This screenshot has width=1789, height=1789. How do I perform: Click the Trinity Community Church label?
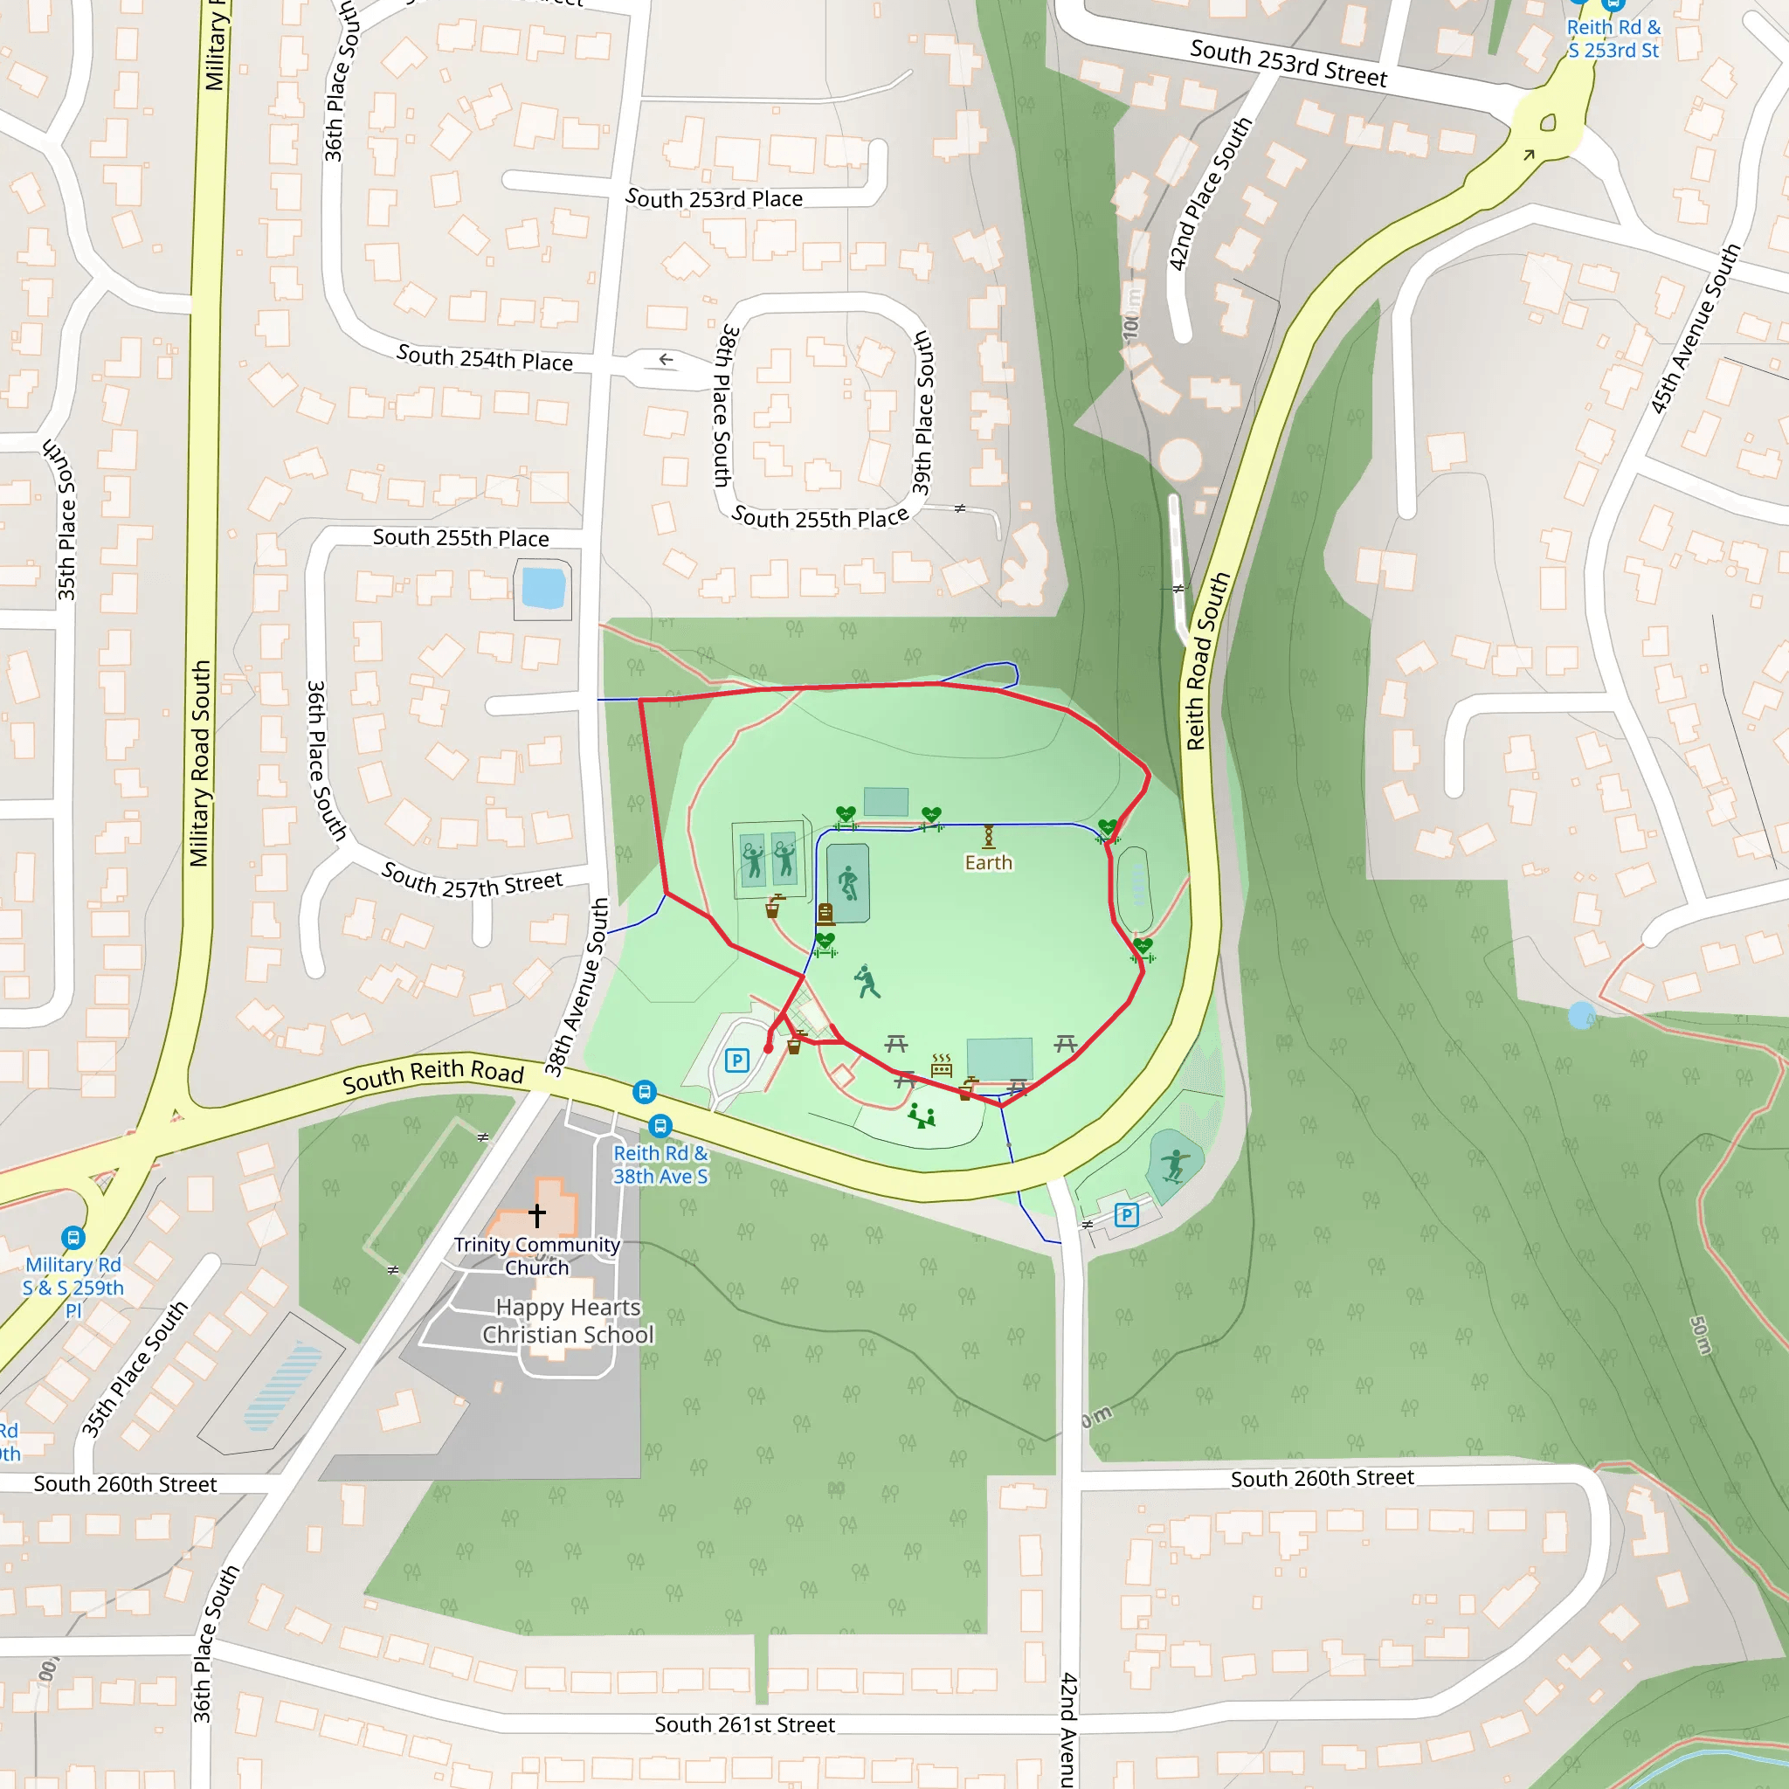tap(536, 1255)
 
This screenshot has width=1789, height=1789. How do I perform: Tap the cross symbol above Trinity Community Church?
tap(537, 1214)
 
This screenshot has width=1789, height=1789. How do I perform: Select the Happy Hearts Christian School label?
tap(568, 1321)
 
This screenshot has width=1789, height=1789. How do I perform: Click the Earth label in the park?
tap(988, 862)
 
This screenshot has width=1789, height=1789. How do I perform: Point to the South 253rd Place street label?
tap(714, 198)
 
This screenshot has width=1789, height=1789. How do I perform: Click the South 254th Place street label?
tap(484, 357)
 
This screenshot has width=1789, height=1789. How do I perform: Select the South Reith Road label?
tap(433, 1075)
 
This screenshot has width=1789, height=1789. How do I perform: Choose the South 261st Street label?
tap(744, 1724)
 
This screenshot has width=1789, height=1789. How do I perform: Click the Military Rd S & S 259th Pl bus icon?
tap(73, 1237)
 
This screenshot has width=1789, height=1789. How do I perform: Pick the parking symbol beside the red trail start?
tap(737, 1060)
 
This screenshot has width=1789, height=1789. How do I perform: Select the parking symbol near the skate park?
tap(1126, 1215)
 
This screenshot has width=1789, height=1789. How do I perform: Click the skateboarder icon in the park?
tap(1174, 1165)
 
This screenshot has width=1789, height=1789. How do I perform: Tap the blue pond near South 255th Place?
tap(543, 588)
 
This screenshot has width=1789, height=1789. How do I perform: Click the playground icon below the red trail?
tap(922, 1116)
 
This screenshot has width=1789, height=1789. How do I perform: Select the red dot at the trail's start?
tap(769, 1048)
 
